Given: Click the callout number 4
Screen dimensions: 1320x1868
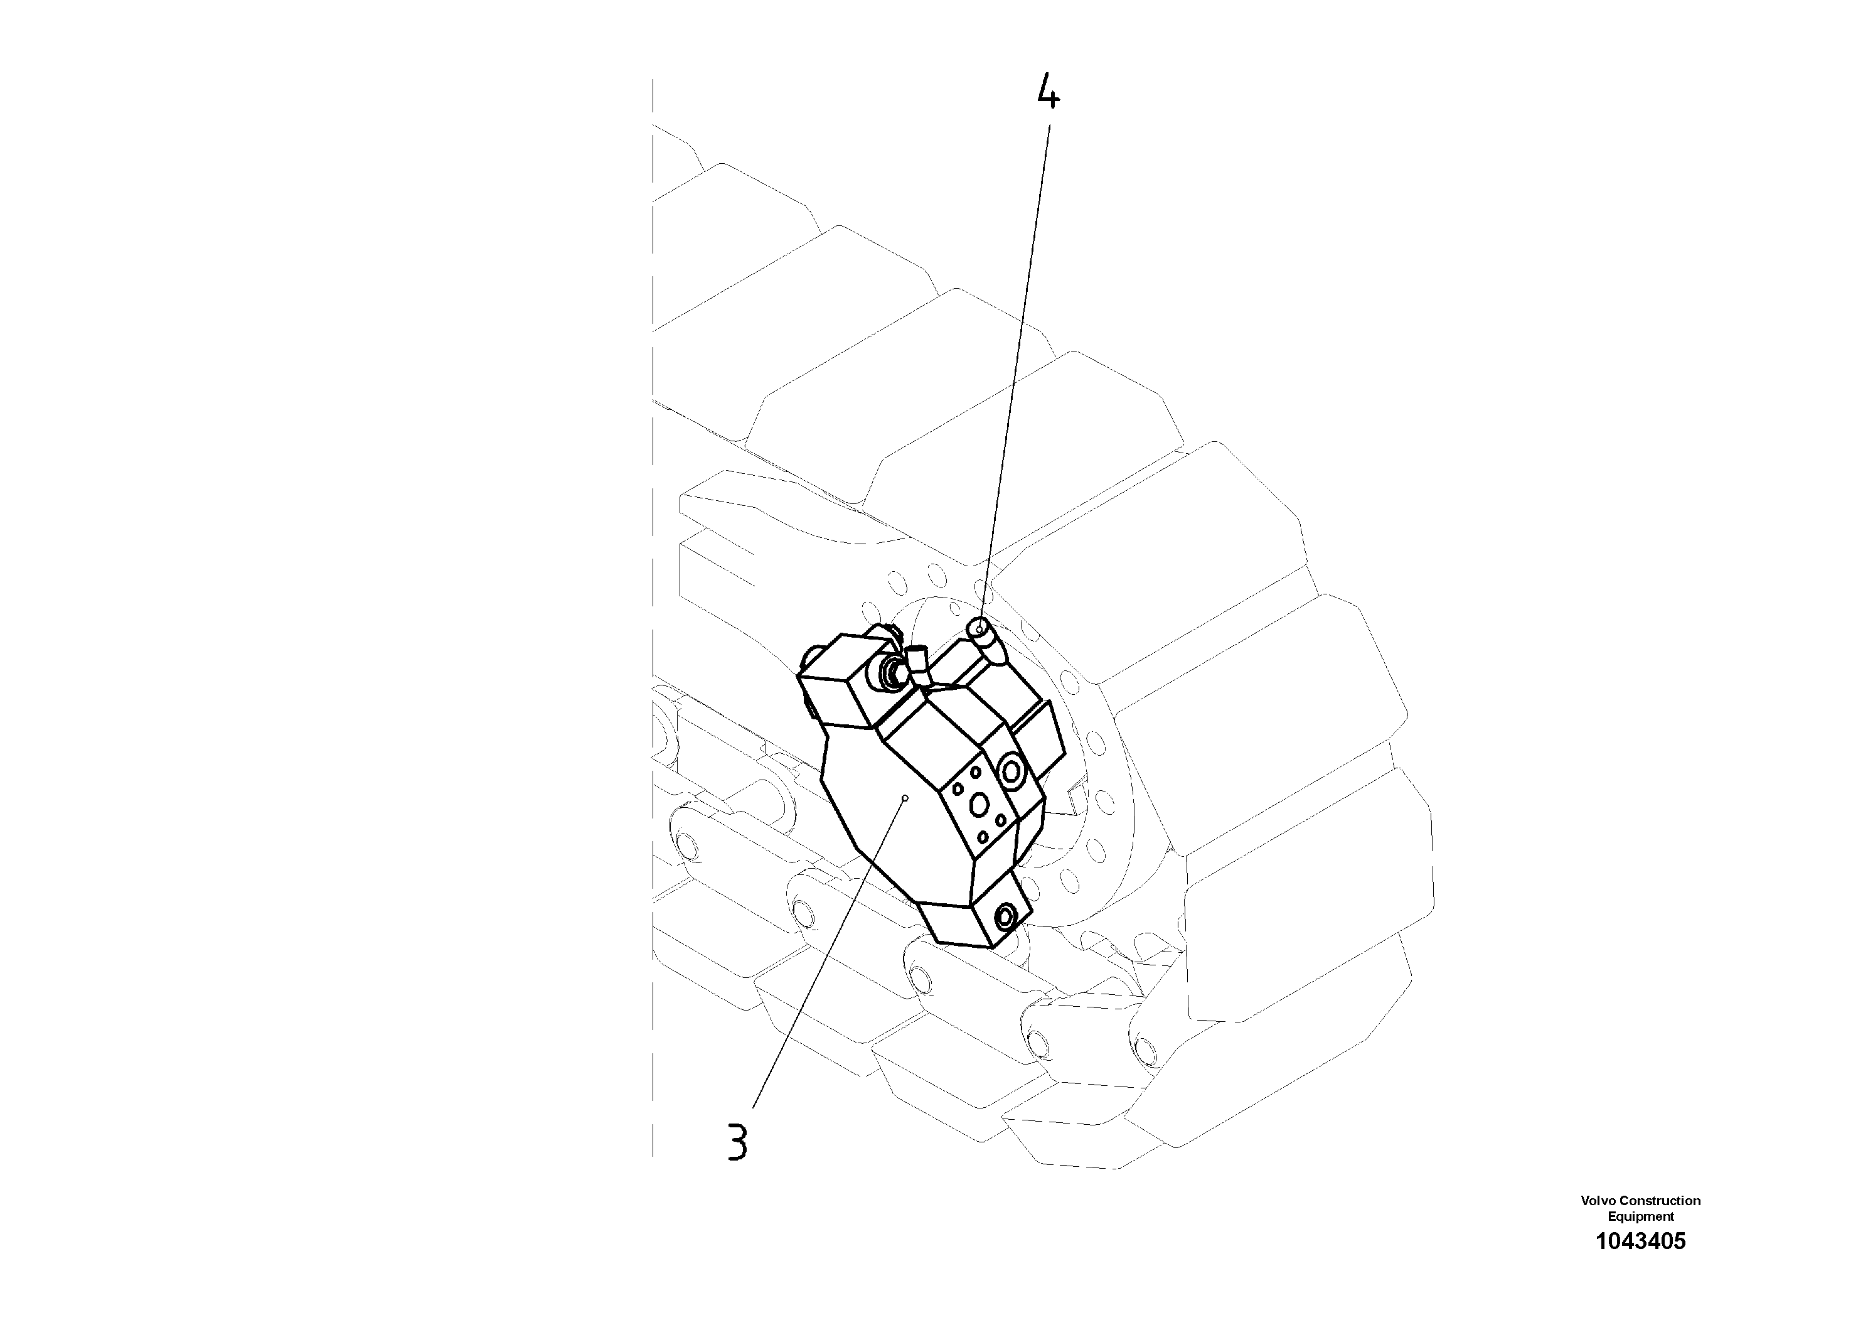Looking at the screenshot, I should [x=1048, y=94].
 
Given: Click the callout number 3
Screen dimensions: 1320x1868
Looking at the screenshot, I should [x=737, y=1141].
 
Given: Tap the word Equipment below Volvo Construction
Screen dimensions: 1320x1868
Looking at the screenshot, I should [x=1641, y=1216].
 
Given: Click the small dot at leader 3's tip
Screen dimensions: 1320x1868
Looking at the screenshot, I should [x=905, y=798].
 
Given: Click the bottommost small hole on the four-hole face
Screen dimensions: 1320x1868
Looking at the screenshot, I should [x=983, y=837].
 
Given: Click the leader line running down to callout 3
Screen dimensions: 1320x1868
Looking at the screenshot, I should [x=830, y=952].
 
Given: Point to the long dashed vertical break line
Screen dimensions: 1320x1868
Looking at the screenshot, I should [x=653, y=618].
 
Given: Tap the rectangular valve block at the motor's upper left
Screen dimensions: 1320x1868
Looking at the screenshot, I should [x=838, y=688].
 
